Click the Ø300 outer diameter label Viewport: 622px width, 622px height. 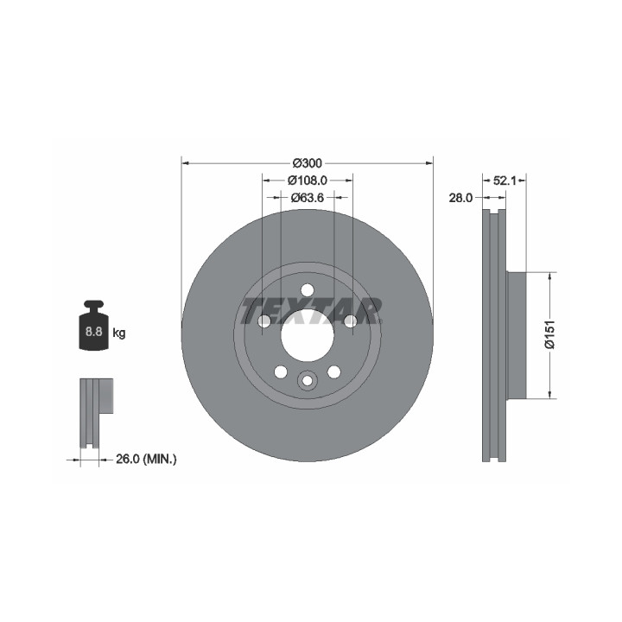pyautogui.click(x=307, y=163)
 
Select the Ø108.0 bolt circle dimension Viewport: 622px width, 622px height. pyautogui.click(x=307, y=181)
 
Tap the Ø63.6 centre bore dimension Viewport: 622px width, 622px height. pyautogui.click(x=307, y=197)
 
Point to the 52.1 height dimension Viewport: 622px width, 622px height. pyautogui.click(x=504, y=181)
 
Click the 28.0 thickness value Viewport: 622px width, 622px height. pyautogui.click(x=460, y=198)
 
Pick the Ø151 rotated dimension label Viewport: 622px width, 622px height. pyautogui.click(x=549, y=335)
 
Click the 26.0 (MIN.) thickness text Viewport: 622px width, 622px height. pyautogui.click(x=146, y=459)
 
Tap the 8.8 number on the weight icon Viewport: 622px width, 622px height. pyautogui.click(x=93, y=331)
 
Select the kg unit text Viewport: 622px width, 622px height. pyautogui.click(x=119, y=333)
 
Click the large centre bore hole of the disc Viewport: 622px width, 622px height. pyautogui.click(x=307, y=335)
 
